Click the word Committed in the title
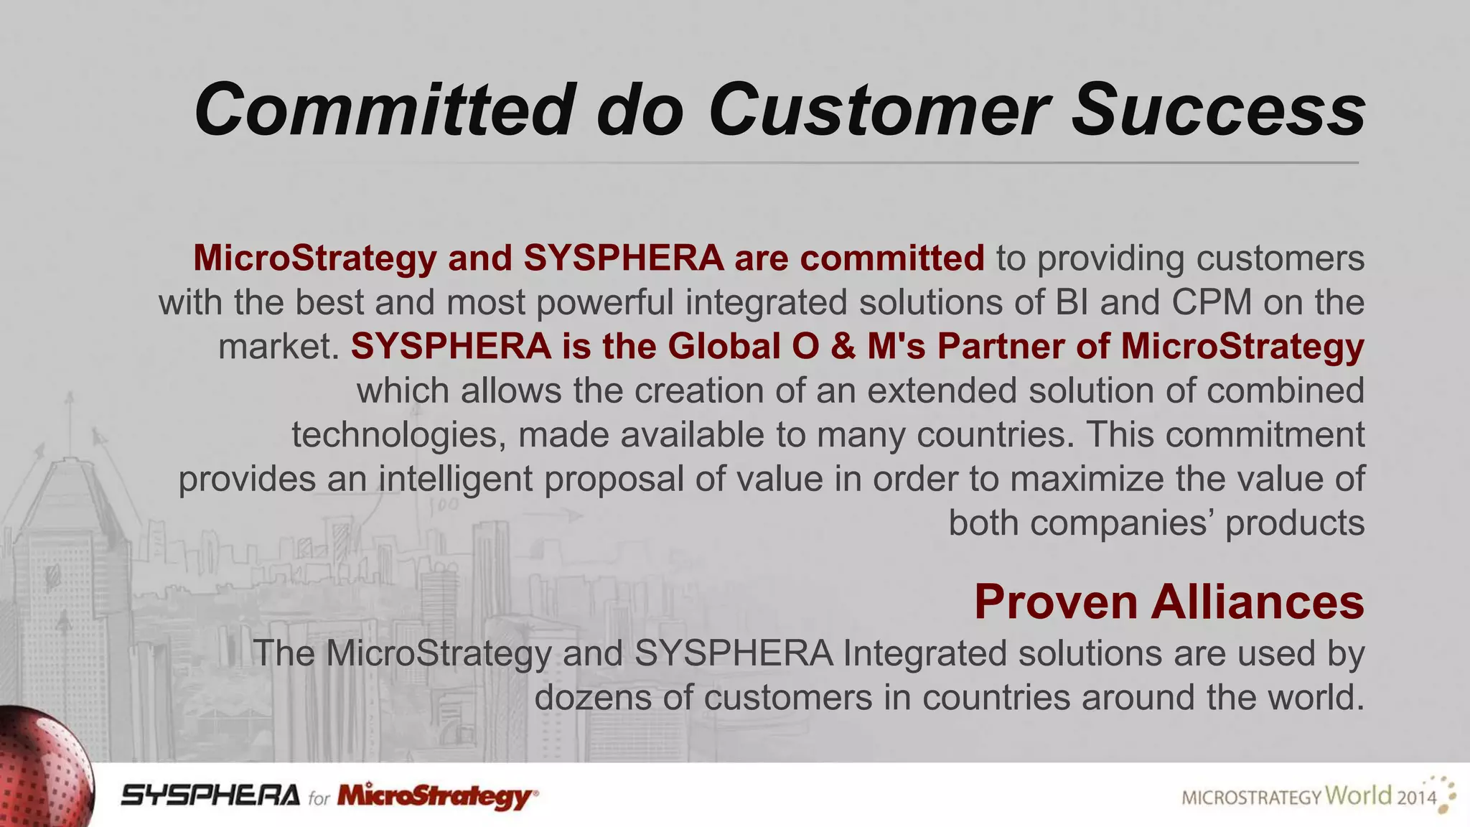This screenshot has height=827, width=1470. coord(385,110)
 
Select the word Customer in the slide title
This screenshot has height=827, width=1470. coord(879,110)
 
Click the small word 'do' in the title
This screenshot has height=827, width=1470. coord(640,110)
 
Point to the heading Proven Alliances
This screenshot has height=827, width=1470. coord(1169,602)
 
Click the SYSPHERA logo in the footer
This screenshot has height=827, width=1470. coord(210,795)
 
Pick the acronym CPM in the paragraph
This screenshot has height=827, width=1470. coord(1212,302)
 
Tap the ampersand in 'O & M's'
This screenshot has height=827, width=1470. coord(843,346)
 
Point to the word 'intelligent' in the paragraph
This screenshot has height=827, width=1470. coord(456,479)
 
